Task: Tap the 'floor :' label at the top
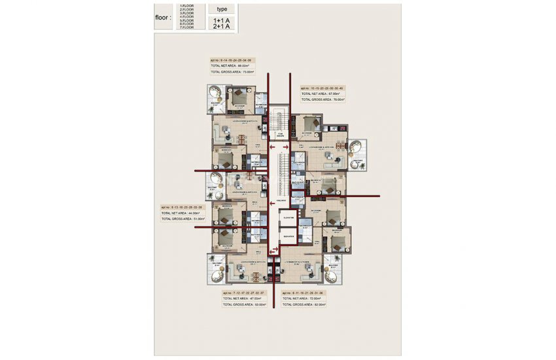(163, 18)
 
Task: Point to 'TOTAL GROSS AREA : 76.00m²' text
(322, 100)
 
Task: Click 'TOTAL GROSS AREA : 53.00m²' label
(244, 304)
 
